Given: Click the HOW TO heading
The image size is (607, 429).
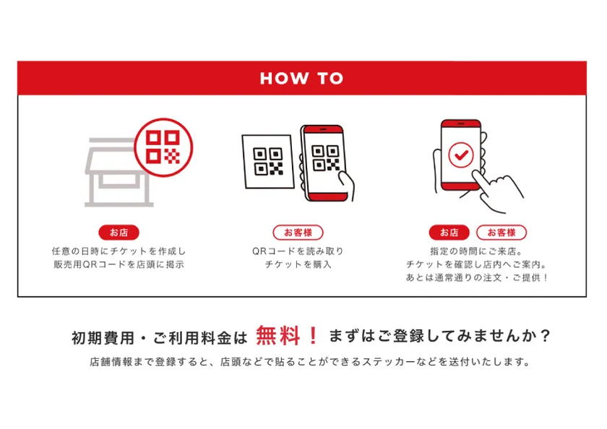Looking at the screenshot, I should [301, 78].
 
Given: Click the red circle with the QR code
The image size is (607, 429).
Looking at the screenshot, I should [163, 147].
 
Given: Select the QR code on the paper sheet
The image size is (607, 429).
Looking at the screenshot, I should [269, 162].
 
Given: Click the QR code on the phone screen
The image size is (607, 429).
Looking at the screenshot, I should [324, 159].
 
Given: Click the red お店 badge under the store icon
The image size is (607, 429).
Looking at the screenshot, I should [119, 233].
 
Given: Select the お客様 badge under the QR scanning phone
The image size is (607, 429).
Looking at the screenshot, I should [298, 233].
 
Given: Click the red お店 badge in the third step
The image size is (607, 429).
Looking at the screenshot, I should [449, 233].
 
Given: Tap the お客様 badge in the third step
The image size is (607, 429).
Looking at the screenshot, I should [501, 233].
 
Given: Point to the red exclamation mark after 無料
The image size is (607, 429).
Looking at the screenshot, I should [312, 336].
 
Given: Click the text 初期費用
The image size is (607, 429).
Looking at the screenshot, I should [100, 337].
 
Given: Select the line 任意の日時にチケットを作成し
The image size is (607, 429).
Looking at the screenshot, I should [119, 251].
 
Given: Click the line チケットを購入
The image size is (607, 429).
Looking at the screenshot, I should [298, 264].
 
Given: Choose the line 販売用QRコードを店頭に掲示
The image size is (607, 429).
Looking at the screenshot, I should [119, 264].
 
